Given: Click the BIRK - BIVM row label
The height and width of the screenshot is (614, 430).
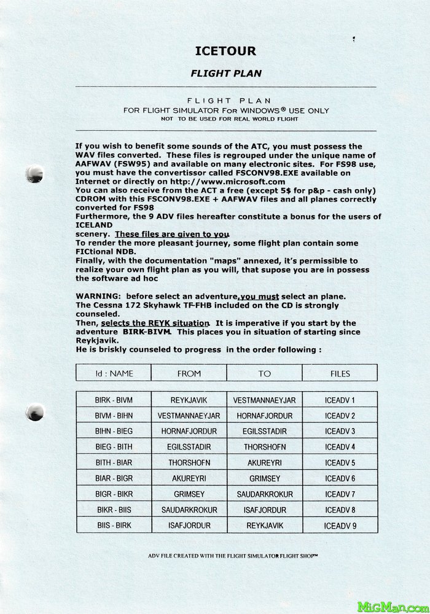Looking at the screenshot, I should click(x=114, y=400).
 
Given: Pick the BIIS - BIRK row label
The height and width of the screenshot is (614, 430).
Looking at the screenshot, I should click(x=114, y=526).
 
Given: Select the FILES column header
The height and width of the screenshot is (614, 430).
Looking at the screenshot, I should click(x=340, y=373).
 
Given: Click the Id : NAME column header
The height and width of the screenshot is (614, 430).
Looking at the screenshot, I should click(x=114, y=373).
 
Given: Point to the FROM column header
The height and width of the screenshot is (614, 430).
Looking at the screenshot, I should click(x=189, y=373).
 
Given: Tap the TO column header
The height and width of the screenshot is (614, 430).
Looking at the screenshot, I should click(x=265, y=373).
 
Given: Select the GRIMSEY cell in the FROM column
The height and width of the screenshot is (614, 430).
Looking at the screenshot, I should click(x=189, y=494).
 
